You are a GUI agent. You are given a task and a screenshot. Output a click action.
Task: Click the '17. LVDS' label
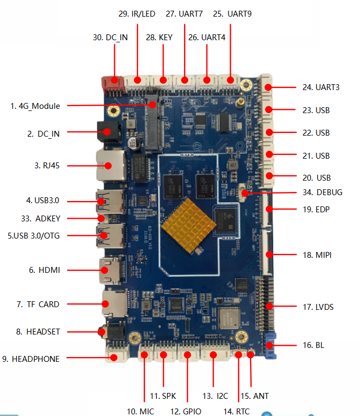(x=318, y=307)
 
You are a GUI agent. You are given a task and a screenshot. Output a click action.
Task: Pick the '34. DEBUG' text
(x=322, y=192)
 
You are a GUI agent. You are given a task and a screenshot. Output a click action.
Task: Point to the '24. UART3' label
(x=321, y=87)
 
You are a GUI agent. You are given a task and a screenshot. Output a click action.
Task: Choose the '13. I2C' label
(x=216, y=396)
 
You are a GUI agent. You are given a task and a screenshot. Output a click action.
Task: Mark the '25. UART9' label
(x=232, y=14)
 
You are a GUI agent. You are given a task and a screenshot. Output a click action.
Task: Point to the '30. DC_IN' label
(x=110, y=38)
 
